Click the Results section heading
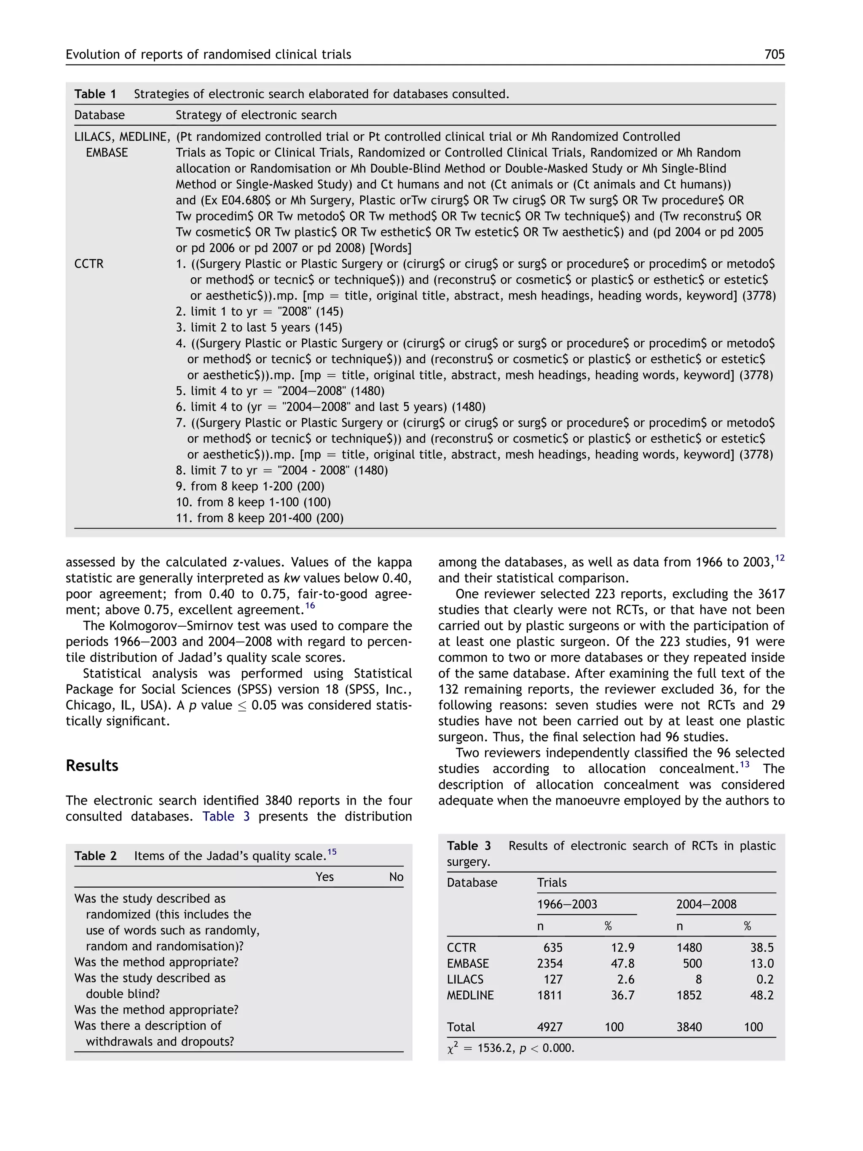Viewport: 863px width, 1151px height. pos(92,765)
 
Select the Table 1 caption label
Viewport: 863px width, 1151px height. pos(95,94)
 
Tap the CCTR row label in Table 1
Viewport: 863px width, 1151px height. pos(89,264)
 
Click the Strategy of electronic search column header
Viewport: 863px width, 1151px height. pos(256,115)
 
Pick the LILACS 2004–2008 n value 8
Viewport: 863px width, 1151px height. pos(698,979)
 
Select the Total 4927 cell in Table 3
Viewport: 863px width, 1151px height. pos(549,1027)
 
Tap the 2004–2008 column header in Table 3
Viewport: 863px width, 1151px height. pos(706,904)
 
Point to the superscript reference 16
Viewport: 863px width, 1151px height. pos(310,606)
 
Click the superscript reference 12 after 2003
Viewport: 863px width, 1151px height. pos(779,558)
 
